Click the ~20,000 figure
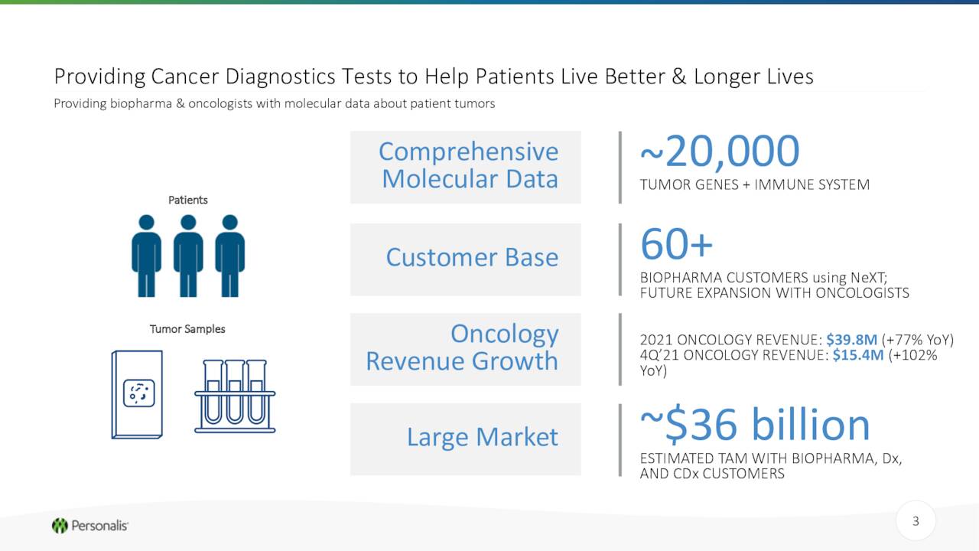[720, 152]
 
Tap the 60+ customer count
[676, 243]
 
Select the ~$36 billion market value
[755, 424]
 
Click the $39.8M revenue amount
[851, 339]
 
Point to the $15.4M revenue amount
[858, 354]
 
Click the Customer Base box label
[472, 257]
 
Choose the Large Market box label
[483, 437]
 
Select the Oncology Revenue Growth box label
[463, 347]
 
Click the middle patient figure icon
[188, 256]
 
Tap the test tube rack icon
[235, 396]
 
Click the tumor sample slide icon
[137, 394]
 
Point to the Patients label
[188, 200]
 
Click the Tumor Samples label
[187, 329]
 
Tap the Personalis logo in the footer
[90, 525]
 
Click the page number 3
[916, 521]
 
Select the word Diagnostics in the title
[280, 77]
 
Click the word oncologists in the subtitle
[220, 103]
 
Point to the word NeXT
[869, 277]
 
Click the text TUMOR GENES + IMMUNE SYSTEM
[755, 184]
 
